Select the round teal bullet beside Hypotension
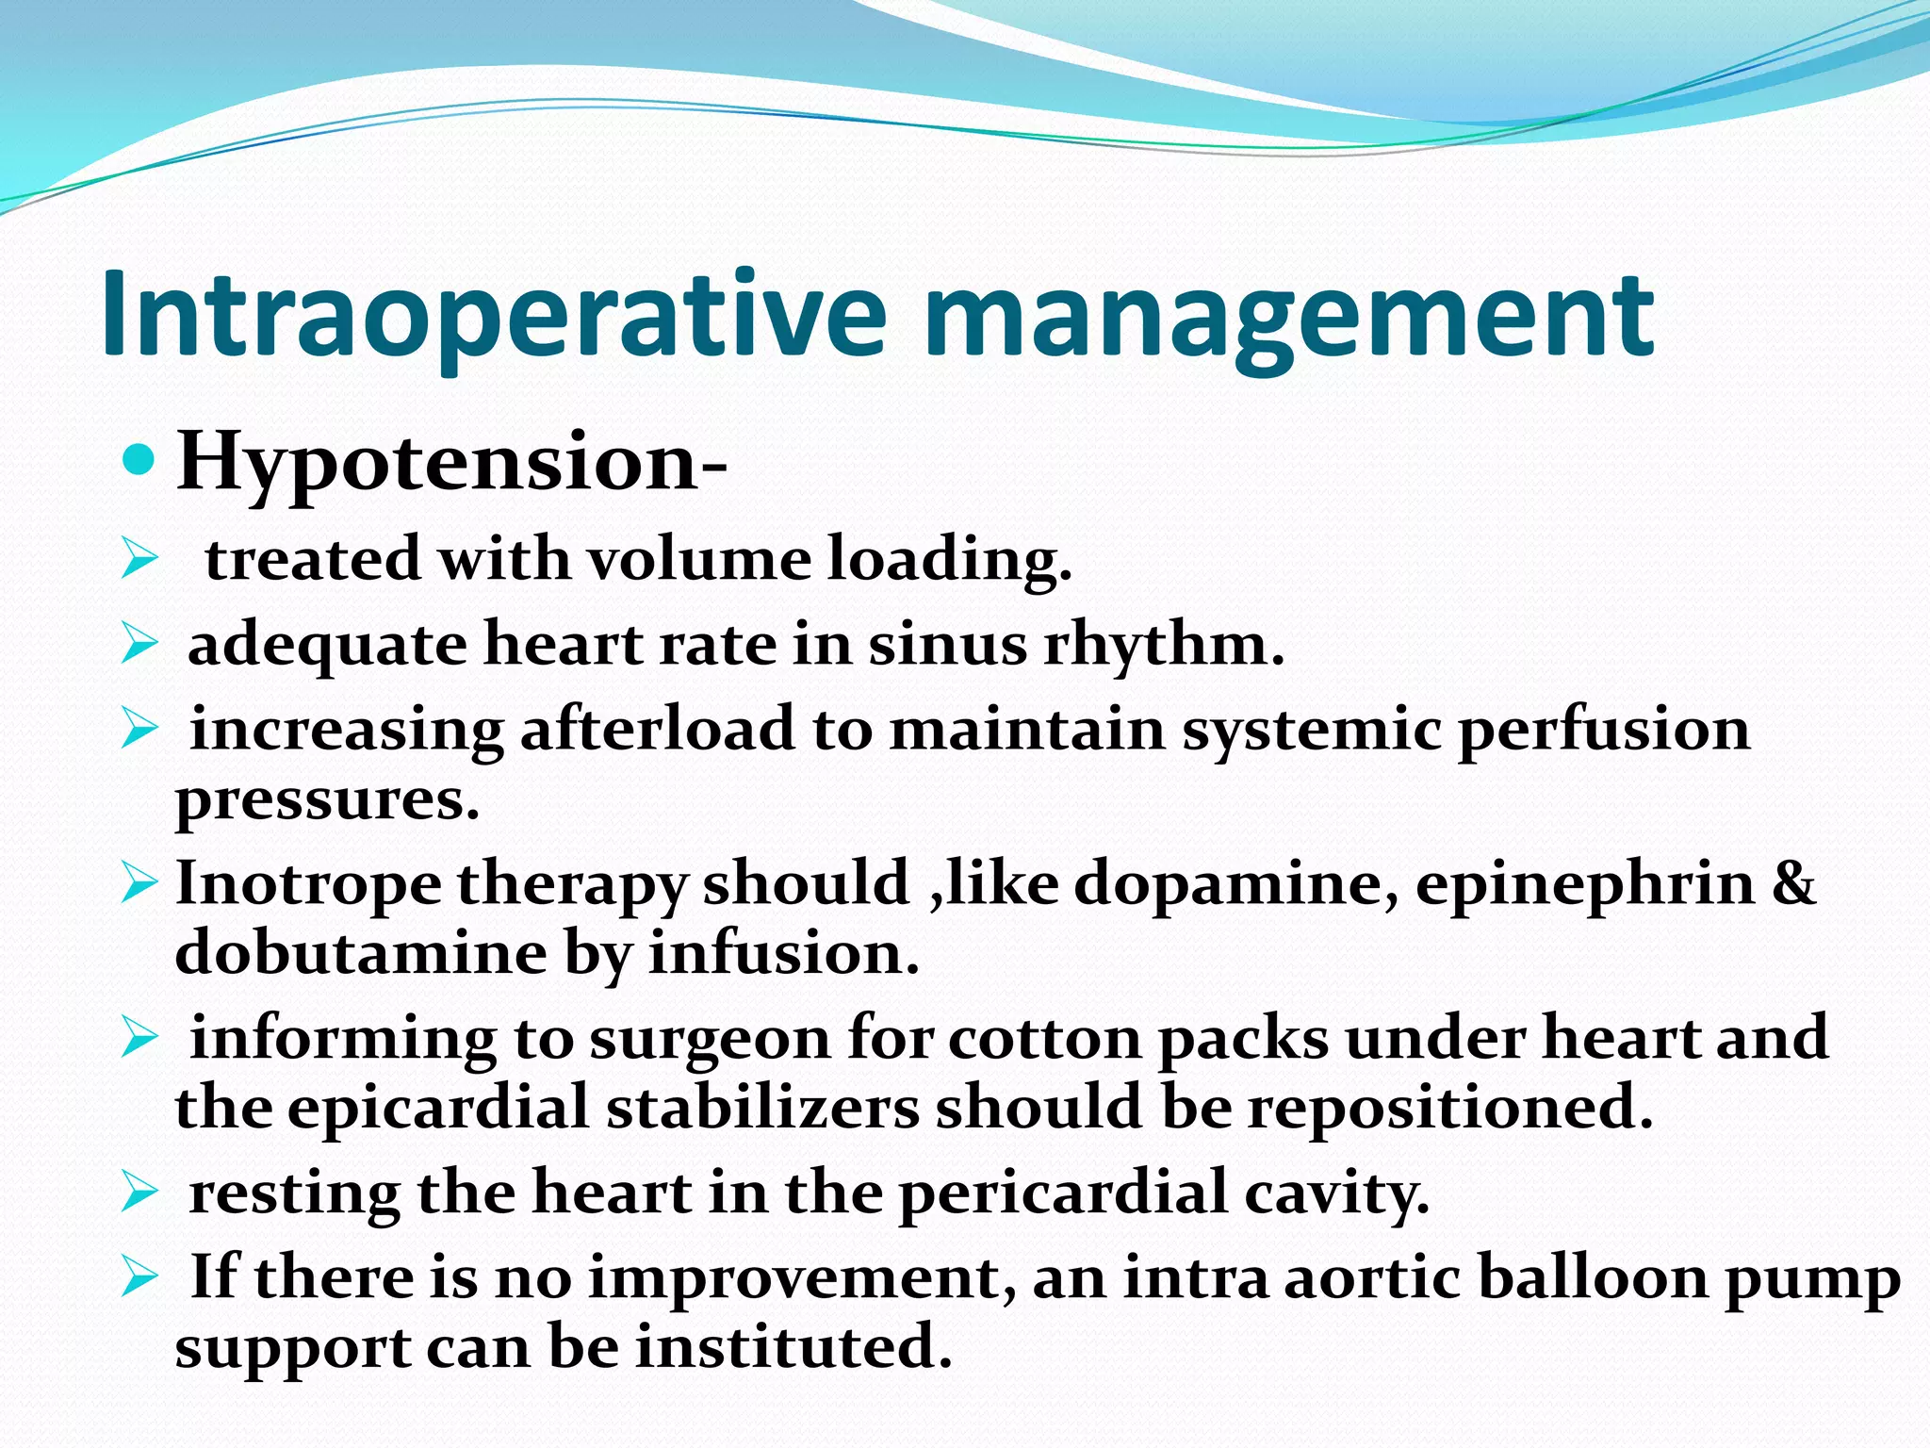pyautogui.click(x=139, y=460)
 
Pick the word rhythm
pyautogui.click(x=1164, y=647)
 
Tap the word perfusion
pyautogui.click(x=1603, y=732)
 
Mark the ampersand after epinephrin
pyautogui.click(x=1793, y=883)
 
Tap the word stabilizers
pyautogui.click(x=762, y=1107)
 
